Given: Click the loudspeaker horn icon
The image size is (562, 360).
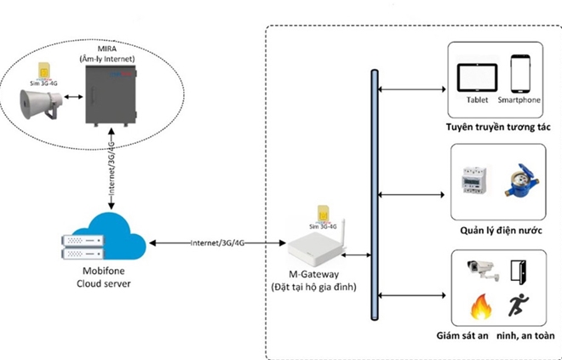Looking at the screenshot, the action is tap(40, 106).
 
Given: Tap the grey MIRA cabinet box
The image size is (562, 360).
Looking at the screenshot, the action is tap(111, 95).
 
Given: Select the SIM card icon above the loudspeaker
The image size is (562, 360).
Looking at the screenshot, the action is tap(44, 71).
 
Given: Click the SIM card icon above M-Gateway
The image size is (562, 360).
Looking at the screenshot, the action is tap(324, 214).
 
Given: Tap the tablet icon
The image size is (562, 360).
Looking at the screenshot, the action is tap(477, 77).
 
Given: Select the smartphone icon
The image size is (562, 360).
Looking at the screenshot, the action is tap(520, 74).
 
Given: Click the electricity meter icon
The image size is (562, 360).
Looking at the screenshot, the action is tap(474, 180).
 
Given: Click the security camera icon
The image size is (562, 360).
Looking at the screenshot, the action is tap(483, 270).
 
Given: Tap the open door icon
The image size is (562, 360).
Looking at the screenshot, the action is tap(519, 272).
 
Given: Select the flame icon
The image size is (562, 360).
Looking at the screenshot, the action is tap(481, 307).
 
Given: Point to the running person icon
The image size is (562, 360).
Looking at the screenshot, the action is tap(519, 305).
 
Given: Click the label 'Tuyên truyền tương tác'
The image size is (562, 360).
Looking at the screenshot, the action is tap(498, 127).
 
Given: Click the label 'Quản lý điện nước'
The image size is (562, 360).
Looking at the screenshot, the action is tap(501, 231).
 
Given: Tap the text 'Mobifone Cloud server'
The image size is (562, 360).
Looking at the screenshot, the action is tap(104, 277).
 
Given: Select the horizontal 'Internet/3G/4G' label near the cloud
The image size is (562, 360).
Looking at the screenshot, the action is tap(217, 243).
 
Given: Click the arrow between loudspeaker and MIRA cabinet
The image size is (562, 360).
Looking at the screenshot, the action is tap(73, 97).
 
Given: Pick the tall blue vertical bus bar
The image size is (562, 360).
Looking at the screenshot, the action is tap(375, 195).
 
